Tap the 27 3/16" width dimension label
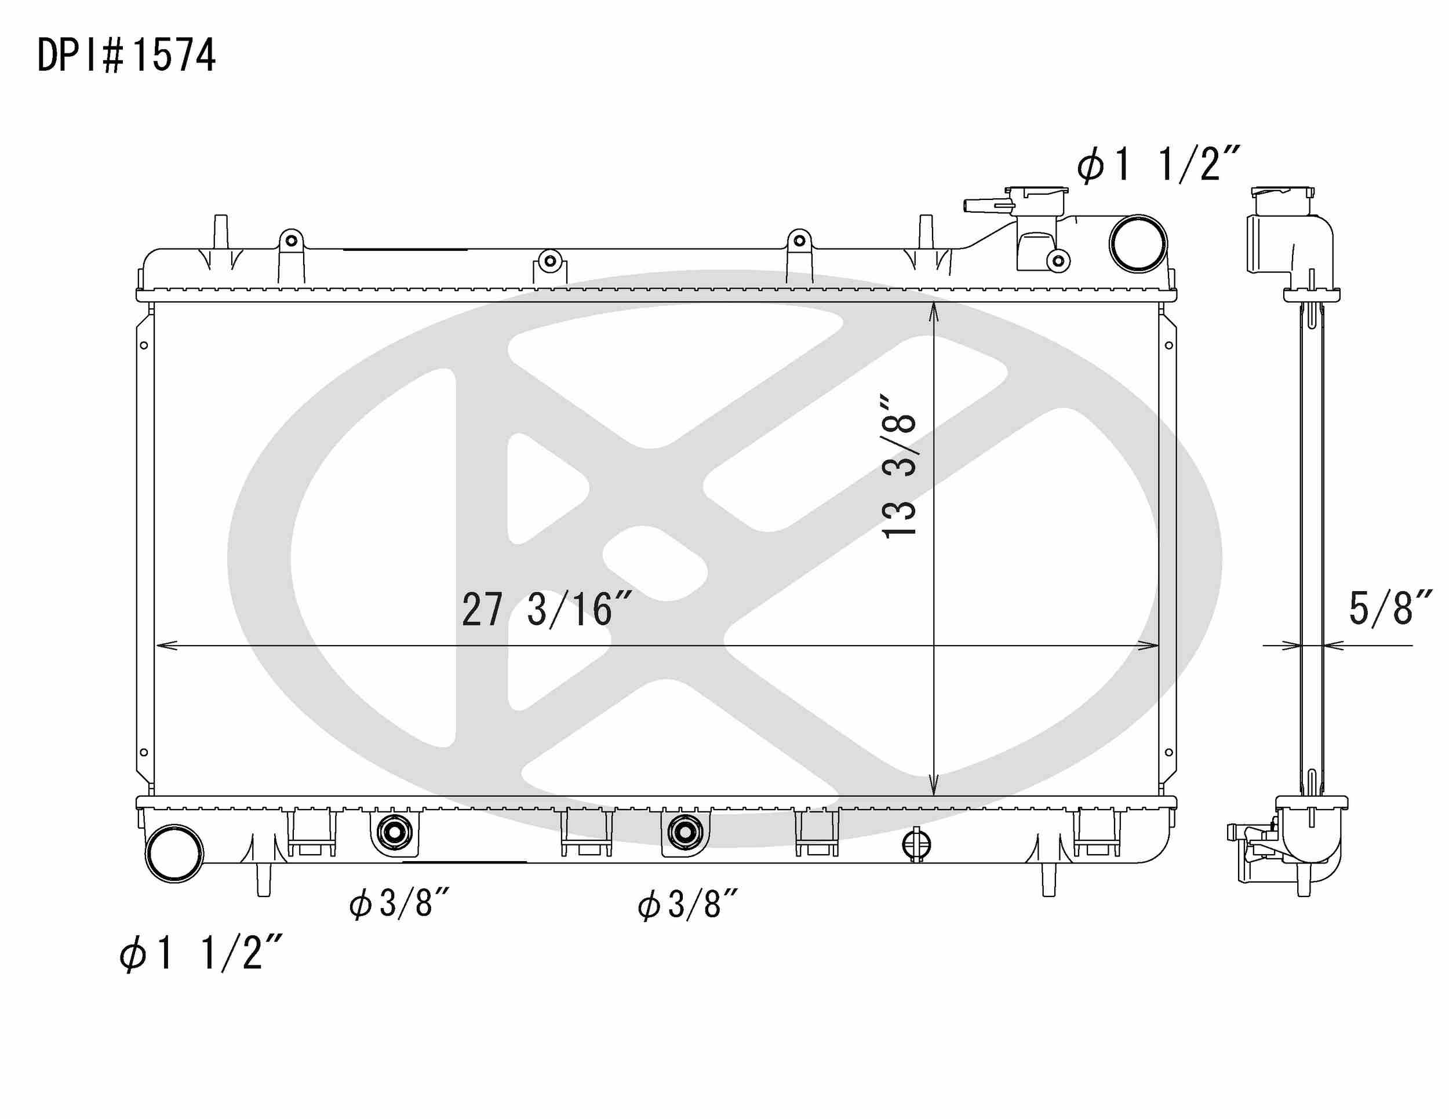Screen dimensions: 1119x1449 (545, 610)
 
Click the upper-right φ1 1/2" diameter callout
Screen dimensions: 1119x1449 (1157, 164)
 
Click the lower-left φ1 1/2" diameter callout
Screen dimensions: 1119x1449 (201, 954)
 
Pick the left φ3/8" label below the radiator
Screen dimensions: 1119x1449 (399, 903)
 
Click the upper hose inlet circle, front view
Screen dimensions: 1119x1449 (1138, 243)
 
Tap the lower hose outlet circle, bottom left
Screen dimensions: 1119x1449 (174, 853)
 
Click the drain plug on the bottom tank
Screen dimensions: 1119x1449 (916, 845)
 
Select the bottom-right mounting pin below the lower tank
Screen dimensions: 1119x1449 (1048, 880)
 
